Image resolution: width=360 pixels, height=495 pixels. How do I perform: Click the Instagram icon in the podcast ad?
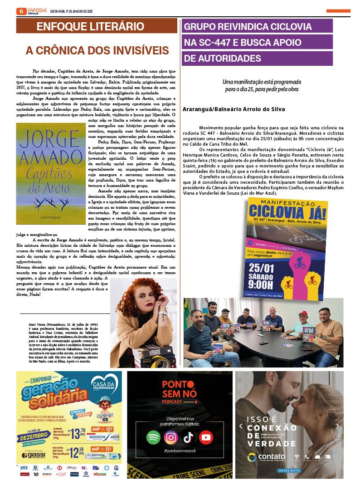[171, 437]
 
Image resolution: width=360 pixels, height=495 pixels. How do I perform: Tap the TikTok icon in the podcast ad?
[188, 437]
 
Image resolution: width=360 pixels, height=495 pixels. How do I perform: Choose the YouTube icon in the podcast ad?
[205, 437]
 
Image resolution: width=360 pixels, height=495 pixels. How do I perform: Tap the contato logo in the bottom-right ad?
[267, 457]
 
